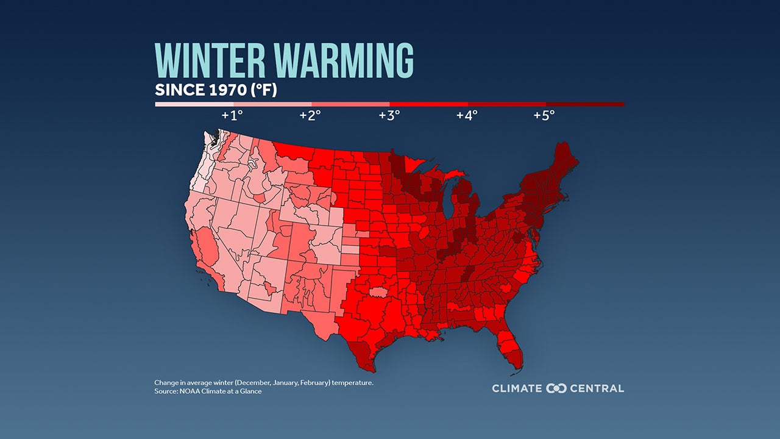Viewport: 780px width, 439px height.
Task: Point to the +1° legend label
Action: coord(232,115)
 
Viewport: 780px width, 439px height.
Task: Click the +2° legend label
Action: coord(310,115)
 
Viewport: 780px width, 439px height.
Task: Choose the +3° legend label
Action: coord(389,115)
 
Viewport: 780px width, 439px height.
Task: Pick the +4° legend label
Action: coord(467,115)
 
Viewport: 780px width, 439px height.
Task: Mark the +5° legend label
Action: coord(544,115)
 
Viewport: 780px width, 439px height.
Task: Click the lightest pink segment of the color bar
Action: coord(194,104)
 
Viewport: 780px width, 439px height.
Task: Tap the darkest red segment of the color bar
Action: coord(585,104)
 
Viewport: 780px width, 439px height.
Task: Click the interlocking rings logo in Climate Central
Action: coord(556,388)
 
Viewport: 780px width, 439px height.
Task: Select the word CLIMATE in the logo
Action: coord(517,388)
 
